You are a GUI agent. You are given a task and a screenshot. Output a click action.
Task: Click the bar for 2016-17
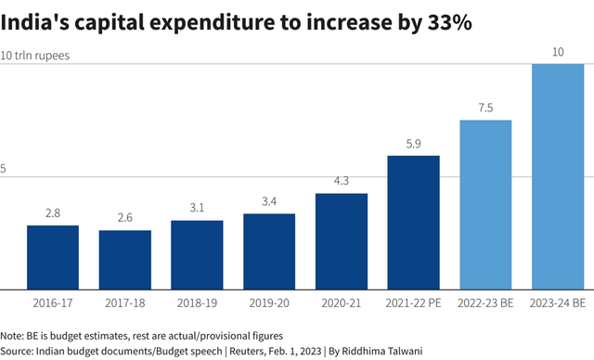point(52,257)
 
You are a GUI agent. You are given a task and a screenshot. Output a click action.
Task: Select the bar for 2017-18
point(124,260)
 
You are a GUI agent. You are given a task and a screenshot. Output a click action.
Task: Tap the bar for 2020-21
point(342,241)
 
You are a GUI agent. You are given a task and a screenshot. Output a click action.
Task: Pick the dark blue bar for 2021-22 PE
point(413,223)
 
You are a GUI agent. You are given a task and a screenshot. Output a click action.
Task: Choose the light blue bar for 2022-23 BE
point(485,204)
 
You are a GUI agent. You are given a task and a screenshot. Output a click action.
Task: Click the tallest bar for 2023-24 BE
point(558,176)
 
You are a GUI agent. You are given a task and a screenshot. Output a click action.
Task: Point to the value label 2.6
point(124,218)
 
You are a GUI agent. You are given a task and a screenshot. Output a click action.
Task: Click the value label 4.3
point(342,181)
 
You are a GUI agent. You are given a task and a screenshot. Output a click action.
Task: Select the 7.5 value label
point(485,108)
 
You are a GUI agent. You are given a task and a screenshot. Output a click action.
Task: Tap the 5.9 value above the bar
point(413,144)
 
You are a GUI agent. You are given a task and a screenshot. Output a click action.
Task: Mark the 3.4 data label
point(269,201)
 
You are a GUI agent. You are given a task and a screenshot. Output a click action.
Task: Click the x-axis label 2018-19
point(197,302)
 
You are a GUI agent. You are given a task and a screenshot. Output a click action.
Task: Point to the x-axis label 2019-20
point(269,302)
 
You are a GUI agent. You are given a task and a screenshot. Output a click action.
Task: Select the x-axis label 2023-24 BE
point(558,302)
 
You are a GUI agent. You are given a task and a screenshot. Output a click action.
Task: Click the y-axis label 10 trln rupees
point(35,56)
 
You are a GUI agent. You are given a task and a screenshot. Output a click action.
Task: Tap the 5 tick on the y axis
point(4,169)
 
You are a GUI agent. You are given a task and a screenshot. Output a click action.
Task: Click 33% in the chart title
point(449,23)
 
